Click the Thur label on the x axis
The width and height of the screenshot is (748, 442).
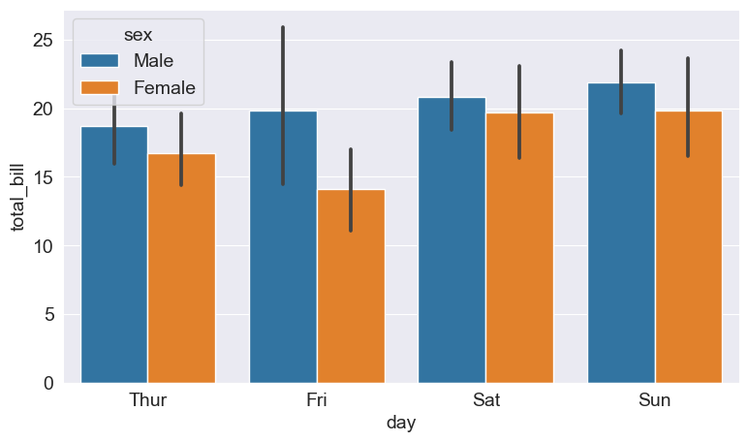coord(148,400)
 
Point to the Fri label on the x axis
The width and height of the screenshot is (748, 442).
coord(317,400)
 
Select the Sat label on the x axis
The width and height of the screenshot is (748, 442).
coord(485,400)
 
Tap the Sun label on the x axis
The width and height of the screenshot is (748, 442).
coord(654,400)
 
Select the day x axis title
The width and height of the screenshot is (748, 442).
coord(401,424)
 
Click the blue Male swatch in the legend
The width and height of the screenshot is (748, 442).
coord(101,61)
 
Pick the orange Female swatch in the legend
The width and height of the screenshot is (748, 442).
coord(101,88)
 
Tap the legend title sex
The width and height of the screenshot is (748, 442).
coord(138,35)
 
